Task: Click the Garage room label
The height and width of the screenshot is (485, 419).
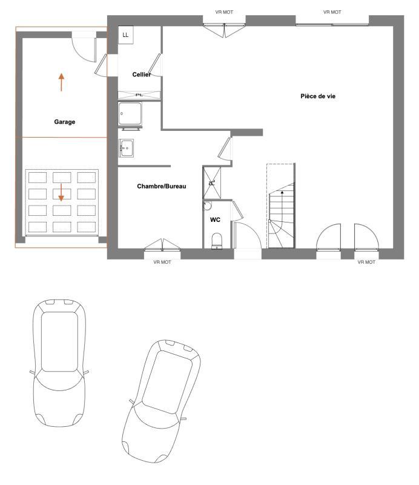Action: pyautogui.click(x=65, y=122)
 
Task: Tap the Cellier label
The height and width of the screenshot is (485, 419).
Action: pyautogui.click(x=142, y=75)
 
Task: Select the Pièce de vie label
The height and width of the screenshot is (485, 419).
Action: pyautogui.click(x=318, y=96)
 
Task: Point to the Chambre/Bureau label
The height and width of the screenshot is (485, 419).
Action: pyautogui.click(x=162, y=186)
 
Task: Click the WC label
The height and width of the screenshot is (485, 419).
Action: pyautogui.click(x=215, y=220)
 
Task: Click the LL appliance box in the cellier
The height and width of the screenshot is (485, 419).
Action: pyautogui.click(x=125, y=36)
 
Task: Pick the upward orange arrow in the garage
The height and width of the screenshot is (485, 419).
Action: pyautogui.click(x=61, y=82)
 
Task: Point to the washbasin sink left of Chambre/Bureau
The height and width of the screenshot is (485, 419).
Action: pyautogui.click(x=127, y=147)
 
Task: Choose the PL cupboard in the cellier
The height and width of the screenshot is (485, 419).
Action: pyautogui.click(x=139, y=95)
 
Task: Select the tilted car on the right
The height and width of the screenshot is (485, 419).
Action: pyautogui.click(x=161, y=400)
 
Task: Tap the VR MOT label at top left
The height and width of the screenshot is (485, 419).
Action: pyautogui.click(x=224, y=12)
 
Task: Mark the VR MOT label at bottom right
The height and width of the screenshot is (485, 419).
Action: pyautogui.click(x=366, y=263)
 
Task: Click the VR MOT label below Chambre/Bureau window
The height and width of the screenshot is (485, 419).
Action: pyautogui.click(x=163, y=263)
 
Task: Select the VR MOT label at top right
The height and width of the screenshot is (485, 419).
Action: pyautogui.click(x=332, y=12)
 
